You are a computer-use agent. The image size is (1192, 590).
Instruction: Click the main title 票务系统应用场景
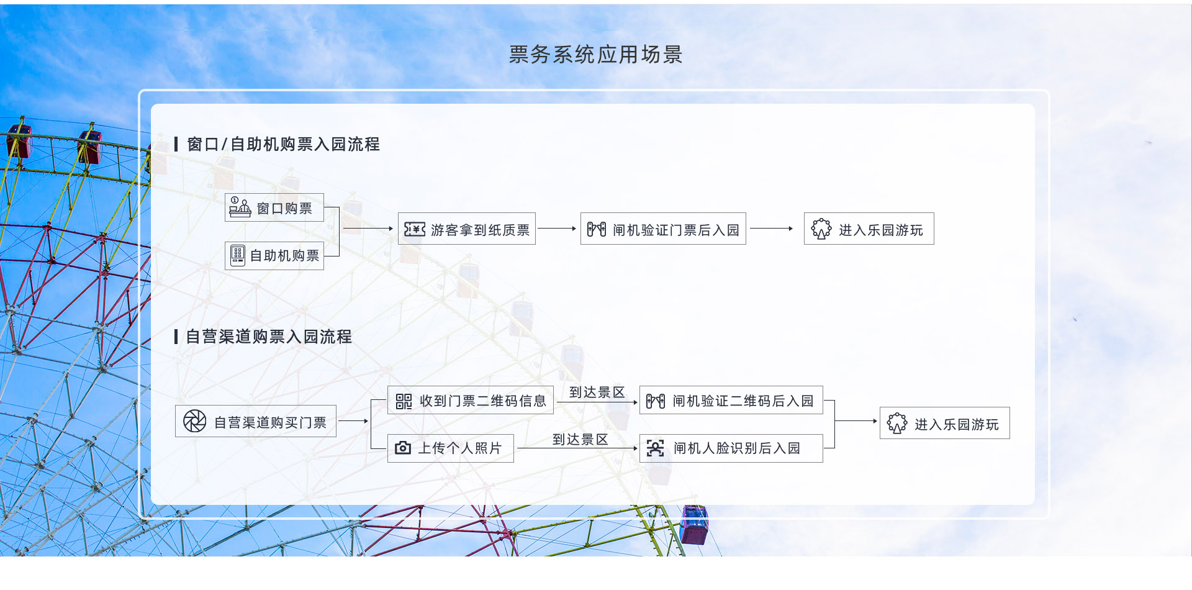[x=595, y=55]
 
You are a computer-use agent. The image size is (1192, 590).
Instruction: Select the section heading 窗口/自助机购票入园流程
[x=283, y=144]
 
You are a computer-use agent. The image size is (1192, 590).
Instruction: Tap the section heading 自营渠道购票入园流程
[x=269, y=337]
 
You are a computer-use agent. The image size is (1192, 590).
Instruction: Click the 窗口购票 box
[x=274, y=207]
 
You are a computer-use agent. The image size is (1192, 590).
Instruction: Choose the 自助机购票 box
[x=274, y=256]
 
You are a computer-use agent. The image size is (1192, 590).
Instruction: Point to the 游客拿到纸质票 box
[x=467, y=229]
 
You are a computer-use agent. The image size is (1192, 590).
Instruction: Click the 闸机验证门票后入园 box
[x=663, y=229]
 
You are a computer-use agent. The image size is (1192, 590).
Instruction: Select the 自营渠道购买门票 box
[x=256, y=422]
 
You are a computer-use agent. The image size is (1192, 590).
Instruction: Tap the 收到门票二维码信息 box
[x=471, y=401]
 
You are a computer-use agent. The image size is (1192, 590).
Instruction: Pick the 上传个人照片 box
[x=451, y=448]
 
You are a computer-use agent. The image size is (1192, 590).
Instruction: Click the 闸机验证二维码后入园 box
[x=731, y=401]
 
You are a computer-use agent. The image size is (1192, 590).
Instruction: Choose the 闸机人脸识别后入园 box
[x=731, y=448]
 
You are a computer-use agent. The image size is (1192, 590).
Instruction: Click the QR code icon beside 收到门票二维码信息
[x=404, y=401]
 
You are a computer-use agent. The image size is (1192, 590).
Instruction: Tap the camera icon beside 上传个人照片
[x=403, y=448]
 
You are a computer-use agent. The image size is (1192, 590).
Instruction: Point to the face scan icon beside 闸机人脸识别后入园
[x=655, y=448]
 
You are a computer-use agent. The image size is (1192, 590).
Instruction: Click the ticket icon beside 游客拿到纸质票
[x=414, y=229]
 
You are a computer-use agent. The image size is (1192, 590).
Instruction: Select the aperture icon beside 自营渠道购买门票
[x=194, y=421]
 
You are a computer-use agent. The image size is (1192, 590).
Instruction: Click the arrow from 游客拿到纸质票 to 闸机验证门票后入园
[x=557, y=229]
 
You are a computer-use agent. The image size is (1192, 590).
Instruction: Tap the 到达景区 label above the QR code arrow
[x=597, y=393]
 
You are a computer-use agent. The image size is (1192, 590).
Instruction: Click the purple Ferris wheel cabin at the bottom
[x=694, y=525]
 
